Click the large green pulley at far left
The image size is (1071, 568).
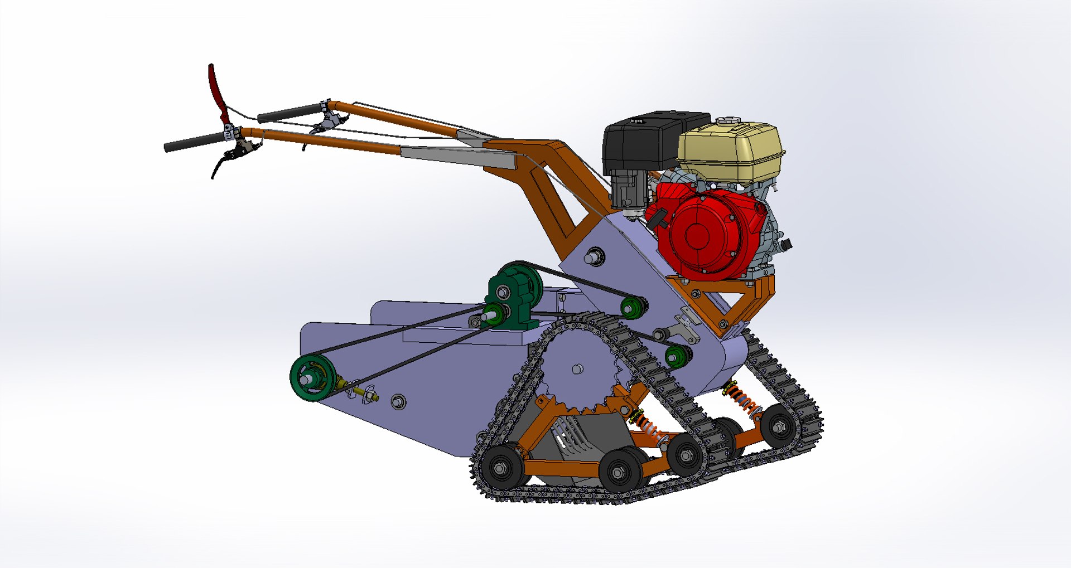311,377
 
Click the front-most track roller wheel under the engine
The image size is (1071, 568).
779,427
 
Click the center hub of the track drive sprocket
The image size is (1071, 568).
578,368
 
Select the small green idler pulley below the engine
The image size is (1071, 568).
677,355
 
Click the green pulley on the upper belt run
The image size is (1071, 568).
633,307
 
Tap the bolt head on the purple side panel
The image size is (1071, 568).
398,401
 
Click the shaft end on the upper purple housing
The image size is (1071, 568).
594,257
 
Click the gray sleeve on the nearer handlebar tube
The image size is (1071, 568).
457,158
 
